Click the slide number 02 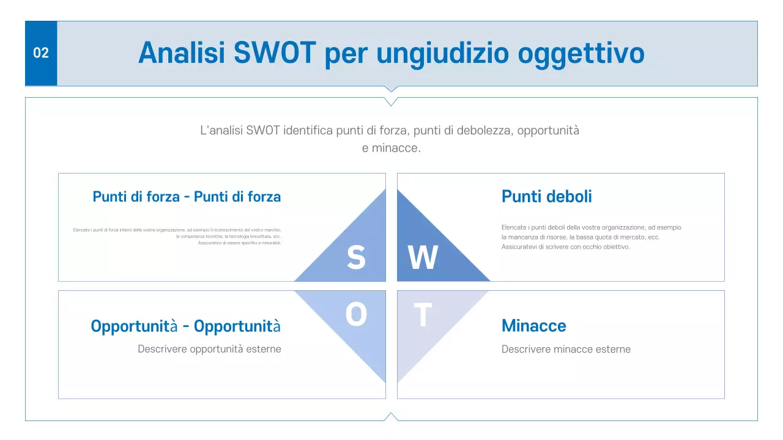coord(41,53)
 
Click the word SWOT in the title coord(275,53)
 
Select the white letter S coord(356,258)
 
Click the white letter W coord(423,258)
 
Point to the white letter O coord(356,315)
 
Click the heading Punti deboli coord(546,196)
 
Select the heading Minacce coord(533,326)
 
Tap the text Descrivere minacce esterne coord(566,350)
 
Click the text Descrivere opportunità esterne coord(209,350)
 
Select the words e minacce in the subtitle coord(391,148)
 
